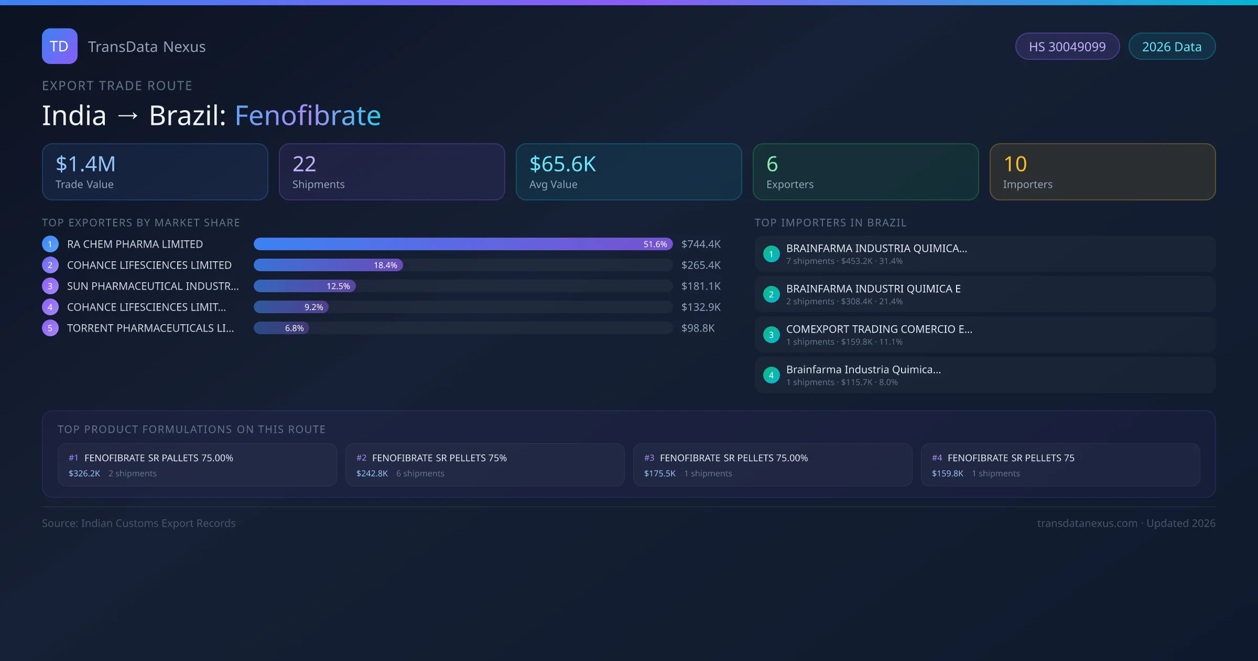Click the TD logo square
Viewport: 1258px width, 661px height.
click(59, 46)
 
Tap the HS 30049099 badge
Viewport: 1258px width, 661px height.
click(1067, 47)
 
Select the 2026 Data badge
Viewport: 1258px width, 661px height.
click(1172, 47)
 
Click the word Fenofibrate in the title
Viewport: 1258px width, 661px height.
click(308, 115)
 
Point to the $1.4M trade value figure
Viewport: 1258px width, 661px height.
click(85, 164)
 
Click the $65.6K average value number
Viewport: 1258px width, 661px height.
click(562, 164)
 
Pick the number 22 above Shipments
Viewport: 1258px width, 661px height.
click(304, 164)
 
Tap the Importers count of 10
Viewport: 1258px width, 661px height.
click(1015, 164)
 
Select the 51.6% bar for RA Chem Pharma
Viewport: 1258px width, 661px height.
click(462, 244)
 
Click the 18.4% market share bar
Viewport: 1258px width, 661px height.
click(328, 265)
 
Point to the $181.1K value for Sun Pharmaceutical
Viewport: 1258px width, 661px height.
click(701, 286)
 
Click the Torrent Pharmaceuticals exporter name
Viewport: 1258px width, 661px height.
click(150, 328)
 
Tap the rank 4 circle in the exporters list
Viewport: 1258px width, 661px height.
click(50, 307)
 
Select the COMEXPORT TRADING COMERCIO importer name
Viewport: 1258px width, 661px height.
click(879, 329)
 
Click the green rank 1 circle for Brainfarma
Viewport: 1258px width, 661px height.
click(771, 254)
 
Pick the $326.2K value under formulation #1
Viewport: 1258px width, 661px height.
click(84, 473)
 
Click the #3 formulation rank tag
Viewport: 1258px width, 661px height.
click(649, 458)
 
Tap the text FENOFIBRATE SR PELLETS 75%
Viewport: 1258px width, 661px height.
click(439, 458)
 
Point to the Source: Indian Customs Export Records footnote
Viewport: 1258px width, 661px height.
click(139, 523)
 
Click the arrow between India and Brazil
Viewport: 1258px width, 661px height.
click(128, 115)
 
